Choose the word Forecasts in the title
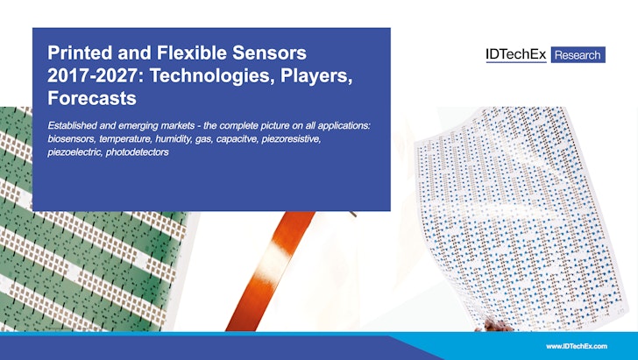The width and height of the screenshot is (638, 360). (x=92, y=98)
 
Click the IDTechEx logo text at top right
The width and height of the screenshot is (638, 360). (x=516, y=55)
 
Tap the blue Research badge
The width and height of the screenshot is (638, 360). (x=578, y=55)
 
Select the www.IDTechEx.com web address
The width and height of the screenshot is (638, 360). (x=577, y=346)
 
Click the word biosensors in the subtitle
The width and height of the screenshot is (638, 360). (x=71, y=139)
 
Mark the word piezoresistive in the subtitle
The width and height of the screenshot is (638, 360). (x=291, y=139)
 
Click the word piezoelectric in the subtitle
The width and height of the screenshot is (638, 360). (x=74, y=152)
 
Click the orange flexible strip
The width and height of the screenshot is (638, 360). (x=270, y=271)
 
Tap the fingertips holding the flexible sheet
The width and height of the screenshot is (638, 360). (x=494, y=326)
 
